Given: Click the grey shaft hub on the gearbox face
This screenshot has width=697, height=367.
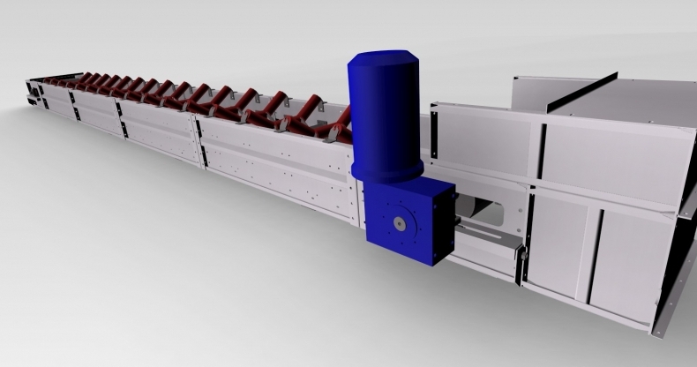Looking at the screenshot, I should click(401, 224).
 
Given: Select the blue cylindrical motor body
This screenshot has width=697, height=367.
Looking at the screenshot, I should click(386, 110).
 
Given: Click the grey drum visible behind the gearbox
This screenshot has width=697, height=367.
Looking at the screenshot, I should click(481, 212).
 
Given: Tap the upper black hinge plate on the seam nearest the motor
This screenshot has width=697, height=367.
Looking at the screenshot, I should click(199, 125).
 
